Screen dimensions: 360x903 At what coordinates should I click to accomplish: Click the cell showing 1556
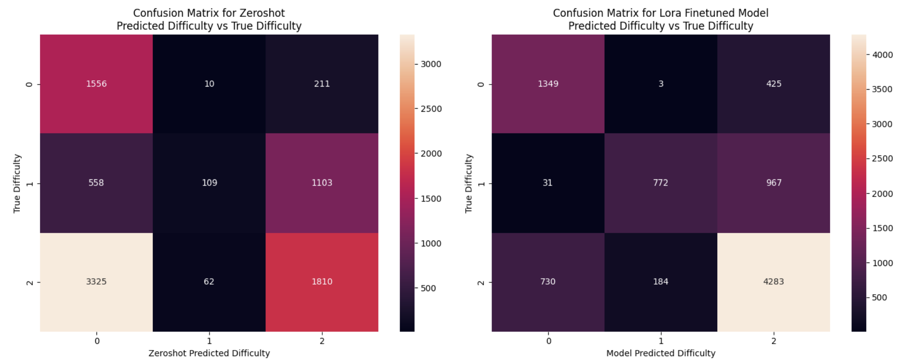[96, 84]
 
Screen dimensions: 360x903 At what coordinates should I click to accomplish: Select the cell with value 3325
[96, 282]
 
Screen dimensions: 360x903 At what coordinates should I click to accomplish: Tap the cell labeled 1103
[322, 183]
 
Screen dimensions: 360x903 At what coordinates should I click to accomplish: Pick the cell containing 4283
[774, 282]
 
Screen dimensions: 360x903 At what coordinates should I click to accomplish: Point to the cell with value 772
[660, 183]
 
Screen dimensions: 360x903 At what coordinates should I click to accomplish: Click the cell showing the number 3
[661, 84]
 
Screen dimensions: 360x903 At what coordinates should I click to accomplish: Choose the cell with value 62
[209, 282]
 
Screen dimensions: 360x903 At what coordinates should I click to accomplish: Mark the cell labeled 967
[774, 183]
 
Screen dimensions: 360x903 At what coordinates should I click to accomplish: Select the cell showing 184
[660, 282]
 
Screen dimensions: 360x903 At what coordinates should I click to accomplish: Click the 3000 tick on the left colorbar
[430, 64]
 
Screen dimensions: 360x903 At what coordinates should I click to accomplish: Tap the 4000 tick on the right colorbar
[882, 55]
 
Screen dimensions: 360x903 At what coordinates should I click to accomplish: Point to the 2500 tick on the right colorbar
[882, 159]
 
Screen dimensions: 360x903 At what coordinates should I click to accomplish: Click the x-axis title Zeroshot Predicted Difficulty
[209, 353]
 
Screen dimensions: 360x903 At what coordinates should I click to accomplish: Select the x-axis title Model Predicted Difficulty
[660, 353]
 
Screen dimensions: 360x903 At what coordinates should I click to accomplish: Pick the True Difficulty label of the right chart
[469, 183]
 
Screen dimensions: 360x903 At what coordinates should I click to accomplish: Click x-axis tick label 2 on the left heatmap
[322, 341]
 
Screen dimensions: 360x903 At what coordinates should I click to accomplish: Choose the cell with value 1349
[548, 84]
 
